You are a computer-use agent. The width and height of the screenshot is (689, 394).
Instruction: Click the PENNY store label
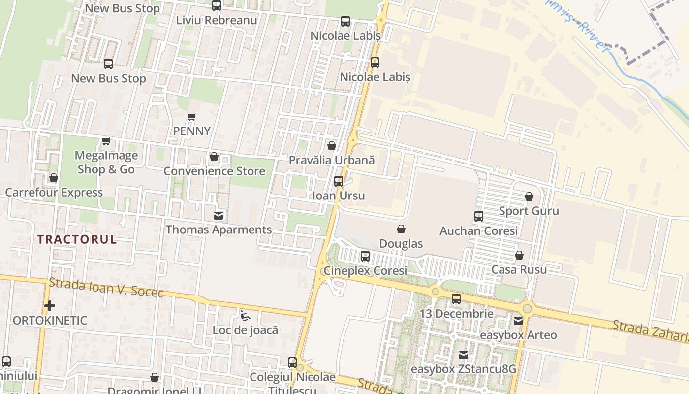click(192, 131)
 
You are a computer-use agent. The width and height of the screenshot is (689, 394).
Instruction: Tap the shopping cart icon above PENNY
click(192, 117)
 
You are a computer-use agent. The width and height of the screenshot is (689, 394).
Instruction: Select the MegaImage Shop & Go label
click(106, 163)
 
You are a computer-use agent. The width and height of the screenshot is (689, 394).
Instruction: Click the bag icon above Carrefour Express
click(54, 178)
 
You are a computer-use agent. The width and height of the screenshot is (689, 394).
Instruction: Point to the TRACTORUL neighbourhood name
click(77, 239)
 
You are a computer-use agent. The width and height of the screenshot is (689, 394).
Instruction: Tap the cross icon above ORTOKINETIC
click(50, 306)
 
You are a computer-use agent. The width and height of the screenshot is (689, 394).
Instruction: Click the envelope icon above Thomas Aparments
click(218, 215)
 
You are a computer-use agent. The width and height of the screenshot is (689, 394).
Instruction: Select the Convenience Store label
click(214, 171)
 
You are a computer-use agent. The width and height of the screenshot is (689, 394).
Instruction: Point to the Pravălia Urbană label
click(332, 160)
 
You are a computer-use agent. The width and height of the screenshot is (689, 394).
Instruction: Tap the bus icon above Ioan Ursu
click(339, 181)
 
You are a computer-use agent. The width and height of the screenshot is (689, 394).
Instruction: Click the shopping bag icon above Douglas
click(401, 229)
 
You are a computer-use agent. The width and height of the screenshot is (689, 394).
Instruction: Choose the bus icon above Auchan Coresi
click(478, 216)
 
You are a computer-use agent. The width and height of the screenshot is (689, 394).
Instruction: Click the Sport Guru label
click(529, 211)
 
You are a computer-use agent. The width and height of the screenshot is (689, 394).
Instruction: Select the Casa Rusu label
click(519, 269)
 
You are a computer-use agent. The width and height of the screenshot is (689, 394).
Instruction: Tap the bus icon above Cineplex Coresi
click(365, 256)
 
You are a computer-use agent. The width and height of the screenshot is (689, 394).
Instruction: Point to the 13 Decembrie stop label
click(456, 313)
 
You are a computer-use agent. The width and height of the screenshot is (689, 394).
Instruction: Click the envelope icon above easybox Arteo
click(518, 321)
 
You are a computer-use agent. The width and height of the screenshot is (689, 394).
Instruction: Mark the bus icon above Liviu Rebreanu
click(217, 6)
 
